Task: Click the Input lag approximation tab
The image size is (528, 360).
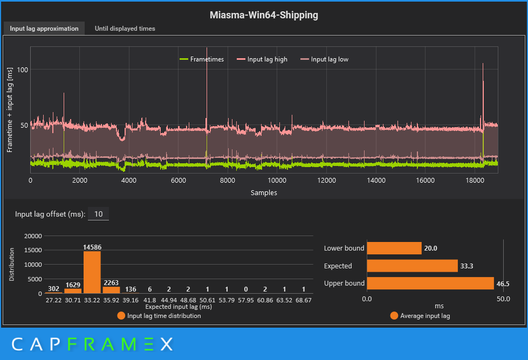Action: click(x=44, y=29)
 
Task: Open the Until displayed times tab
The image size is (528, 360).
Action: click(x=125, y=29)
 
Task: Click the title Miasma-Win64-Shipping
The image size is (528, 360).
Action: click(x=264, y=15)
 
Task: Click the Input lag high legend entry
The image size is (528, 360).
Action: click(x=267, y=59)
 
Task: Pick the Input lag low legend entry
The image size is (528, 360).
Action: click(x=329, y=59)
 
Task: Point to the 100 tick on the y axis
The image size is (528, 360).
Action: click(x=22, y=70)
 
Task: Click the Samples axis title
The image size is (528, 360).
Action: click(x=264, y=192)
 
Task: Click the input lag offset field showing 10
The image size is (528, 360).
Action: click(x=98, y=214)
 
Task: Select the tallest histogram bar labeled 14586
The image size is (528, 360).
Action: click(x=92, y=272)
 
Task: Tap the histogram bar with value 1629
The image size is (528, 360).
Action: click(x=72, y=290)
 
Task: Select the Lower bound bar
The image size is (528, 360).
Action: click(x=394, y=248)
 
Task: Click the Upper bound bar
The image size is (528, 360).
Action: click(x=430, y=283)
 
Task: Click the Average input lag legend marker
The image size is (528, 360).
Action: click(x=394, y=316)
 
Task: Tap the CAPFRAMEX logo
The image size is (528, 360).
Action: click(x=92, y=344)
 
